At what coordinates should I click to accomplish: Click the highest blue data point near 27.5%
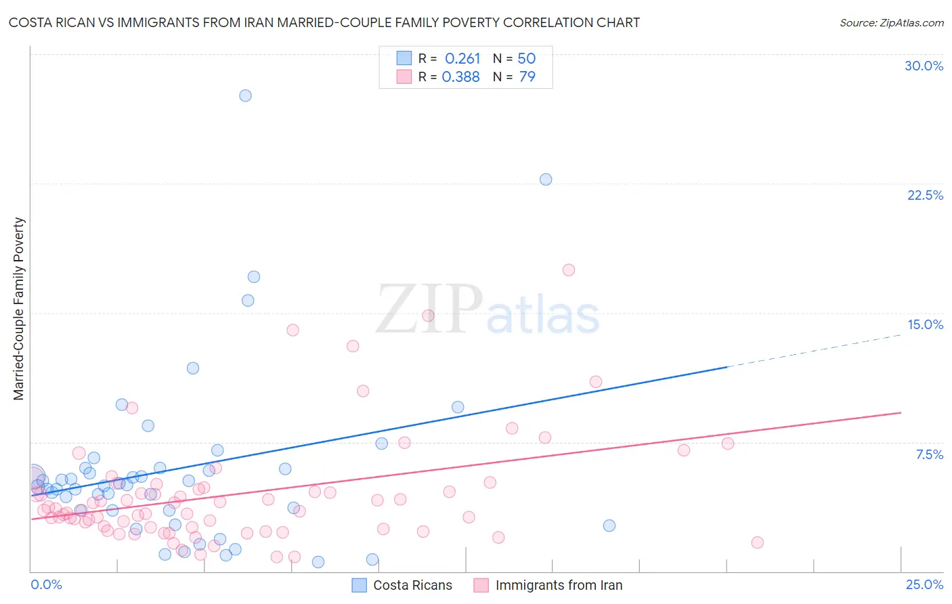click(245, 95)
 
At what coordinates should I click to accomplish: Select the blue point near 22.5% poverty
click(546, 179)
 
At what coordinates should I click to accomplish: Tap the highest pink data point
click(569, 270)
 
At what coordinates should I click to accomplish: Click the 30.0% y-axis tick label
click(924, 66)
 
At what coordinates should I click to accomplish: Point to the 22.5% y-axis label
click(925, 195)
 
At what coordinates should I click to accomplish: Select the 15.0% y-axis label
click(925, 324)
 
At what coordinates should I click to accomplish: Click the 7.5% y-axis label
click(929, 454)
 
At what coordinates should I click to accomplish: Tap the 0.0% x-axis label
click(46, 584)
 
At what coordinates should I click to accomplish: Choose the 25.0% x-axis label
click(924, 584)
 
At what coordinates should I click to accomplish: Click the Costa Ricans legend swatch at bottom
click(360, 585)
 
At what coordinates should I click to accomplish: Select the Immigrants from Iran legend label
click(559, 585)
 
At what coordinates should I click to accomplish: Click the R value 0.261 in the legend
click(462, 59)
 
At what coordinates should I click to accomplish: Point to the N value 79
click(527, 77)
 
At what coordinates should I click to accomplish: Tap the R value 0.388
click(461, 77)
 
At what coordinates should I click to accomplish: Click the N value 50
click(527, 59)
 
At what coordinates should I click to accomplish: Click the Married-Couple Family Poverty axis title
click(19, 309)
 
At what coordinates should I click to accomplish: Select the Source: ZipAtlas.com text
click(891, 23)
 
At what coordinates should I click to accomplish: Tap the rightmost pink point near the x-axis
click(757, 542)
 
